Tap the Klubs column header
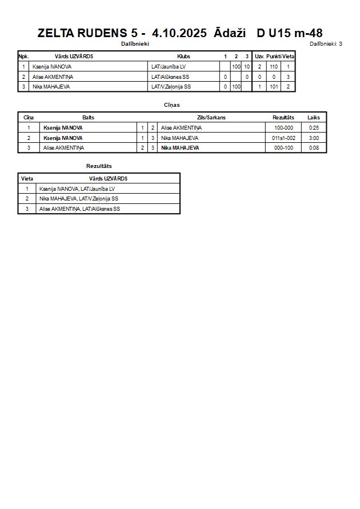(183, 57)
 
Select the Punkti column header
(274, 57)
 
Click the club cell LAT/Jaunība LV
(169, 67)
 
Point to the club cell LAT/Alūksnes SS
(170, 77)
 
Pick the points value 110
(274, 67)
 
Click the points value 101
(274, 87)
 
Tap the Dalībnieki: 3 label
(326, 43)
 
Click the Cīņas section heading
(172, 105)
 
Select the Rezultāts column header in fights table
(283, 118)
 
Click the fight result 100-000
(283, 128)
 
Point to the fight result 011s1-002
(283, 138)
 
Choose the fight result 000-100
(283, 148)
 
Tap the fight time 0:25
(314, 128)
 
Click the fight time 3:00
(314, 138)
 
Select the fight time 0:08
(314, 148)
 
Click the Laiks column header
(314, 118)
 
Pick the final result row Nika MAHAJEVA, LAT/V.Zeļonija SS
(79, 199)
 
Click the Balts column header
(88, 118)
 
